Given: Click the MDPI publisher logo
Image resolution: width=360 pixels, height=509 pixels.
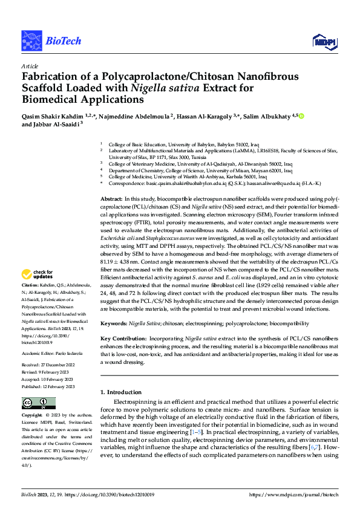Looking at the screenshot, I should (x=321, y=41).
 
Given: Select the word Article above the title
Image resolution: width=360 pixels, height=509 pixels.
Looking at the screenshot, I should (x=30, y=65).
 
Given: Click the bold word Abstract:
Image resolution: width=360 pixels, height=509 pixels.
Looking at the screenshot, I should (x=111, y=199).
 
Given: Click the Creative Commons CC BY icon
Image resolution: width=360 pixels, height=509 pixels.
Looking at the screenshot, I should (x=34, y=403).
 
